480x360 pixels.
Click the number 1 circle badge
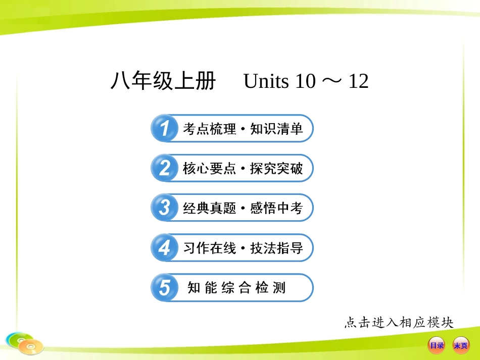pyautogui.click(x=164, y=128)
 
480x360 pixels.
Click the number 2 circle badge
pyautogui.click(x=164, y=168)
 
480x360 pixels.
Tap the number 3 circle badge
pyautogui.click(x=164, y=208)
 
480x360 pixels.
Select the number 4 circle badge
pyautogui.click(x=164, y=248)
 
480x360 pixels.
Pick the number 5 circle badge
pyautogui.click(x=164, y=288)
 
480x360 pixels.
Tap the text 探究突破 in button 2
pyautogui.click(x=276, y=169)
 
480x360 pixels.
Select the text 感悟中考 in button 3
pyautogui.click(x=276, y=208)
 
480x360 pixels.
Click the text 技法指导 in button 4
pyautogui.click(x=276, y=248)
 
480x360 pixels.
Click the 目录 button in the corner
pyautogui.click(x=437, y=345)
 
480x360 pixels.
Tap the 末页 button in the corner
pyautogui.click(x=460, y=345)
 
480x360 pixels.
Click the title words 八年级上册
pyautogui.click(x=163, y=81)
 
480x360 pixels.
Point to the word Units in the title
pyautogui.click(x=265, y=81)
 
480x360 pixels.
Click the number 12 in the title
pyautogui.click(x=358, y=81)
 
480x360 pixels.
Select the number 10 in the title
pyautogui.click(x=305, y=81)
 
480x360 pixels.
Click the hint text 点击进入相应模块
pyautogui.click(x=399, y=322)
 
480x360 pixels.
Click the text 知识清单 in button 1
pyautogui.click(x=276, y=129)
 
